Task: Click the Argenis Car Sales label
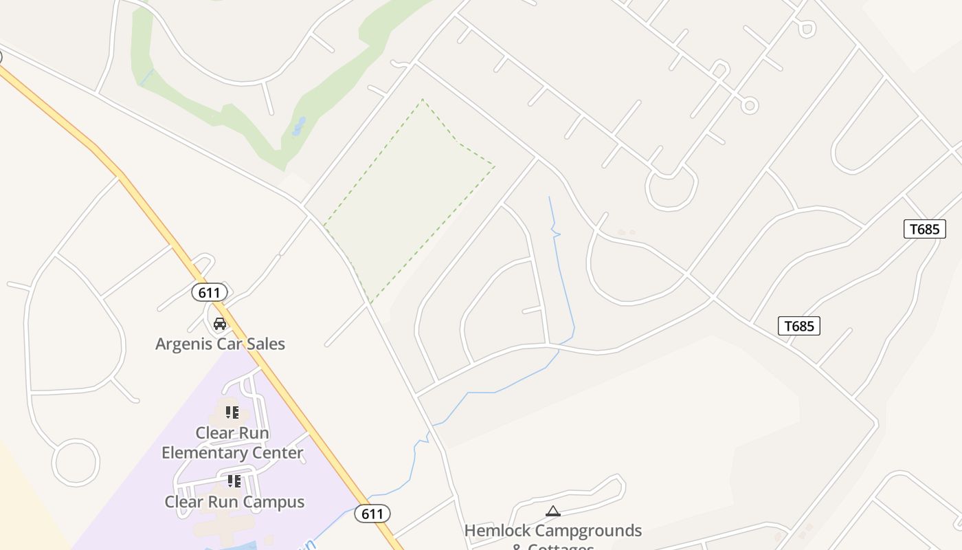(220, 344)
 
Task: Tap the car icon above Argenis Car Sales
(220, 324)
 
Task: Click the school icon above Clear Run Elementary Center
(232, 412)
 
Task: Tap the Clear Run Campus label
(234, 502)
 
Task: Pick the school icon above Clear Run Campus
(234, 481)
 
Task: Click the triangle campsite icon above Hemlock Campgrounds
(552, 511)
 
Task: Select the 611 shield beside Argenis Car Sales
(209, 293)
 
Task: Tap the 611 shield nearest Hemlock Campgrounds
(372, 514)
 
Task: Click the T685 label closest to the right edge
(924, 229)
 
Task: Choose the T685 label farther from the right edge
(798, 326)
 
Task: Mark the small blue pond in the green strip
(299, 126)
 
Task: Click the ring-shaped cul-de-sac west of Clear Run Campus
(76, 463)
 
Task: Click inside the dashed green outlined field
(405, 199)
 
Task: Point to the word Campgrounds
(588, 531)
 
